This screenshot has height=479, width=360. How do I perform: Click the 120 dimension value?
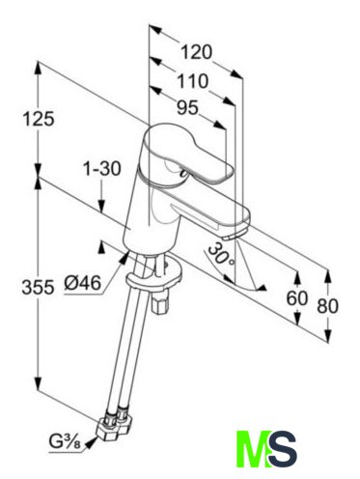pos(197,52)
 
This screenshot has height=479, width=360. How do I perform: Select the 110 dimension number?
pos(193,81)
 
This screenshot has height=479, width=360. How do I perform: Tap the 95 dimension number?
pos(187,107)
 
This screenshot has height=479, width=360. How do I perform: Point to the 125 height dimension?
pos(39,119)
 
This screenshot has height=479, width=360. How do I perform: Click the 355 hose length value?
pos(38,287)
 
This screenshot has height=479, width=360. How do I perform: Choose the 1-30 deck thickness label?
pos(102,169)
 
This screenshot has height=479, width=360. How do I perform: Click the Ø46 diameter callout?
pos(82,283)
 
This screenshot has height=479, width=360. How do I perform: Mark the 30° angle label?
pos(221,255)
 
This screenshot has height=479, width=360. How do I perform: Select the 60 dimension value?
pos(297,298)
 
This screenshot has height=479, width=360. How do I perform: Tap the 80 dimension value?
pos(328,306)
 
